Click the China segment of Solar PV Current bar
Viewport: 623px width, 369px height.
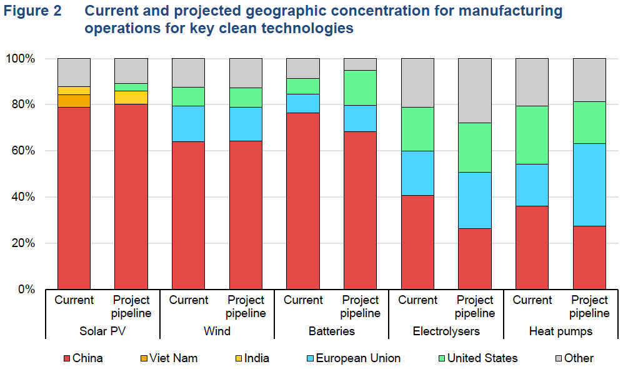pyautogui.click(x=74, y=198)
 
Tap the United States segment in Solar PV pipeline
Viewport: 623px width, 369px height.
pyautogui.click(x=131, y=87)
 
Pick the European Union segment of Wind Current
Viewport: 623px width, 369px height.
pyautogui.click(x=188, y=124)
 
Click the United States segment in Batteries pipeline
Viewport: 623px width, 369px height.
pyautogui.click(x=361, y=88)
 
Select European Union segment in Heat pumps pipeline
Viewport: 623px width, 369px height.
pyautogui.click(x=589, y=184)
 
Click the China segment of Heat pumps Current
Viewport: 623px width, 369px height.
pyautogui.click(x=532, y=247)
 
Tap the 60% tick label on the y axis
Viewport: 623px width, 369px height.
pyautogui.click(x=22, y=151)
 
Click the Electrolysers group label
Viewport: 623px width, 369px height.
pyautogui.click(x=446, y=331)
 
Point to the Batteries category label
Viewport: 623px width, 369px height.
pyautogui.click(x=332, y=331)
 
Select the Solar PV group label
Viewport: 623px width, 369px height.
pyautogui.click(x=102, y=331)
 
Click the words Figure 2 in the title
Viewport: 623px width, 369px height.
pyautogui.click(x=32, y=11)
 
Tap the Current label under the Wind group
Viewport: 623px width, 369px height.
pyautogui.click(x=189, y=300)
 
